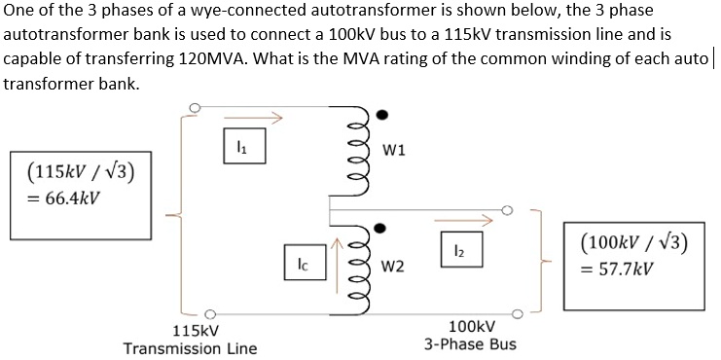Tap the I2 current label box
tap(456, 252)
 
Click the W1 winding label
tap(395, 151)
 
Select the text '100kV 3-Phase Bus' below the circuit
tap(471, 336)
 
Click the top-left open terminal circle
tap(195, 107)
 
